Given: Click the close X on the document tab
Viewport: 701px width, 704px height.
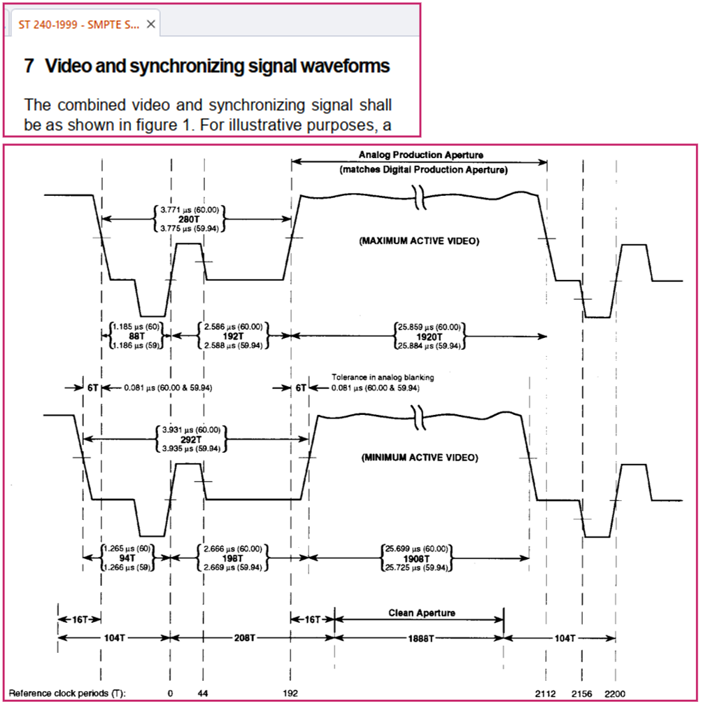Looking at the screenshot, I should pos(150,24).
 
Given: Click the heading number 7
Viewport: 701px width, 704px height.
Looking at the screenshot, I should pos(29,67).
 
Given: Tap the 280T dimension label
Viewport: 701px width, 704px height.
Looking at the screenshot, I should pos(188,218).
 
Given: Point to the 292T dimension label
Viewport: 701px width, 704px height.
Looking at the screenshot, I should pos(188,439).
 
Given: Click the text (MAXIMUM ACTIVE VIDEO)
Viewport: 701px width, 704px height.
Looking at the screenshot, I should pos(420,241).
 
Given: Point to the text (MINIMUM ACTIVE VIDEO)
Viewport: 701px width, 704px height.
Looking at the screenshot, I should pos(419,458).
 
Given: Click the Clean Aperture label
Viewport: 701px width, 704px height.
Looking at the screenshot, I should pos(422,613).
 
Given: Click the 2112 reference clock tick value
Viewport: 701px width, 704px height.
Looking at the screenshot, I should pos(546,693).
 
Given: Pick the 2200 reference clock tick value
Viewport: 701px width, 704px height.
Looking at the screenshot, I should pos(615,693).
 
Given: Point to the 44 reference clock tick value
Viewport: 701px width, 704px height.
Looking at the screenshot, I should pos(204,693).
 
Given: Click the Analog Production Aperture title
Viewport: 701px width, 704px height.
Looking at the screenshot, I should pos(421,155).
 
